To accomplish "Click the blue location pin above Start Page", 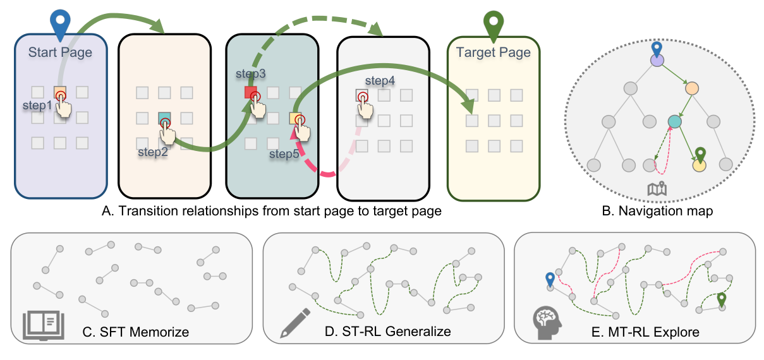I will point(61,21).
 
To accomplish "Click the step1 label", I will point(37,105).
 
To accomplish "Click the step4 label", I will point(380,80).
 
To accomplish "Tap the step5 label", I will point(284,153).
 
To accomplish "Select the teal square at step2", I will point(164,117).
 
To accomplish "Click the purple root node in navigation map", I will point(657,61).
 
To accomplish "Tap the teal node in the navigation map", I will point(674,121).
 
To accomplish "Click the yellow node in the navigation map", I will point(699,165).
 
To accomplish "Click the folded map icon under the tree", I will point(657,188).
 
